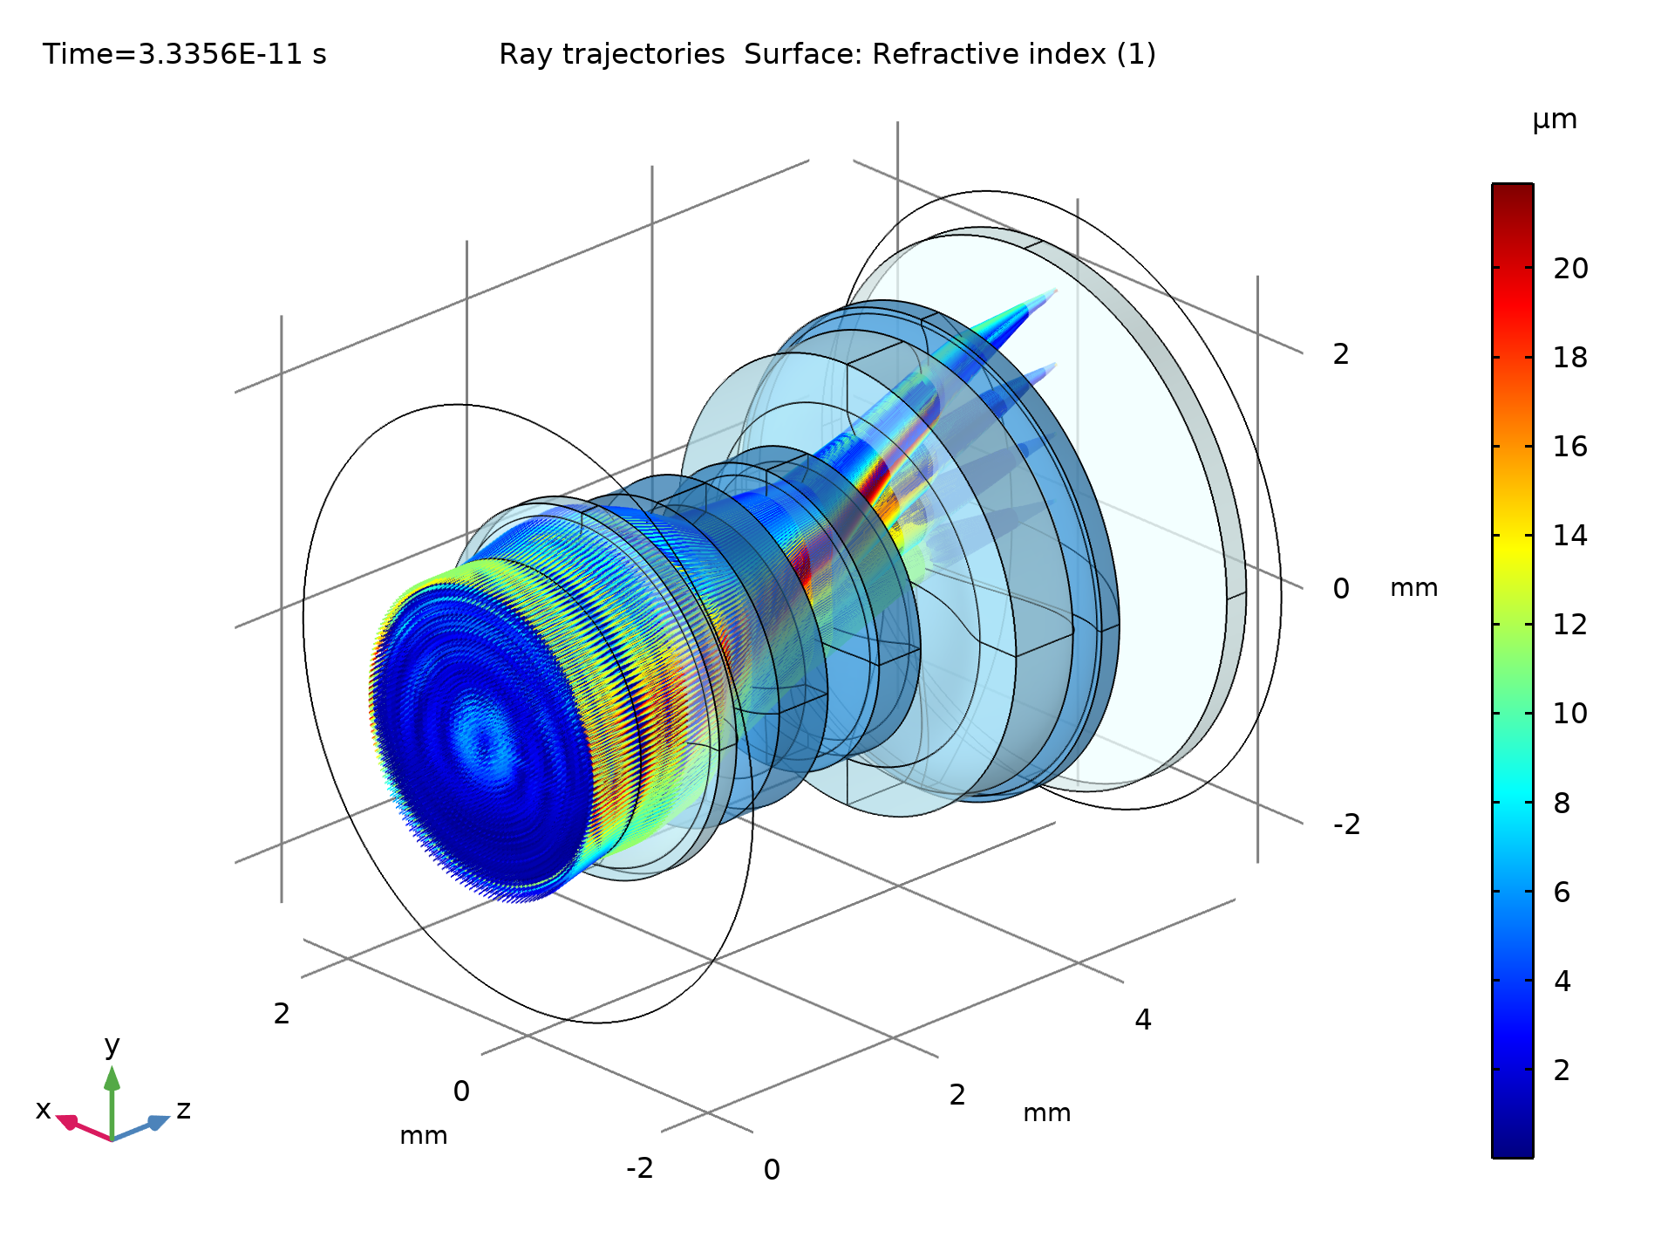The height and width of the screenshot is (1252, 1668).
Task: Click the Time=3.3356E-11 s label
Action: (x=184, y=54)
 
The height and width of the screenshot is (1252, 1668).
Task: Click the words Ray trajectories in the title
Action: (x=611, y=54)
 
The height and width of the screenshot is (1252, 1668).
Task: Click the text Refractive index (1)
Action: (x=1013, y=54)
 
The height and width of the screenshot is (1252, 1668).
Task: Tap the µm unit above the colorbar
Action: (x=1554, y=120)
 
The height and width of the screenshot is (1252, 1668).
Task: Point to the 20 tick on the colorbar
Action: (x=1569, y=269)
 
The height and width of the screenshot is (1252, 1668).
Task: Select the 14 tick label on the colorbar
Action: (x=1569, y=536)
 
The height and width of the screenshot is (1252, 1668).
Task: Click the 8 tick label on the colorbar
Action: (x=1562, y=804)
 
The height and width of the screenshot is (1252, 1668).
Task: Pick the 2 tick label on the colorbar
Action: (x=1562, y=1071)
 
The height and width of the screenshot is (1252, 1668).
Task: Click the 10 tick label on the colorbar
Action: (x=1569, y=714)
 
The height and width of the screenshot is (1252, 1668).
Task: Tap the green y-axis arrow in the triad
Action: (x=112, y=1082)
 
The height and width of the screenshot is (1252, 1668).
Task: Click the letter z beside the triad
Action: (x=183, y=1110)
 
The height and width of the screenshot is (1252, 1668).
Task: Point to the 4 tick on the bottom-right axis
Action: (x=1142, y=1019)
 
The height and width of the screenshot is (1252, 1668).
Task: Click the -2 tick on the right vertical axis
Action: (x=1345, y=824)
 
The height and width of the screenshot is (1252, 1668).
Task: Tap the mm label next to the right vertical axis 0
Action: (x=1413, y=588)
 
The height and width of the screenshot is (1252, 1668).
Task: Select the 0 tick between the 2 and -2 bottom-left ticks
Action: (x=461, y=1091)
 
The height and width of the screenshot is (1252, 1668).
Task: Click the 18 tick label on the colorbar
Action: (x=1569, y=358)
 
